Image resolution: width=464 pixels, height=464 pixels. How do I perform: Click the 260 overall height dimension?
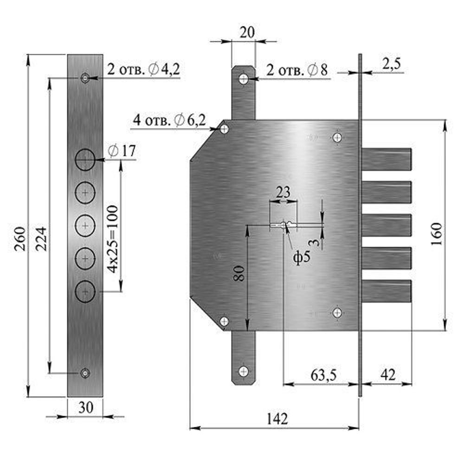point(20,238)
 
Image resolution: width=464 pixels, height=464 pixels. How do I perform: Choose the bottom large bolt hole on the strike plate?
point(85,291)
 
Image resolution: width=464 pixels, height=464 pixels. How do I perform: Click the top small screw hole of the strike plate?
point(85,78)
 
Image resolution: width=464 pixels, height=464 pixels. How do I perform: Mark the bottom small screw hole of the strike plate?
point(85,372)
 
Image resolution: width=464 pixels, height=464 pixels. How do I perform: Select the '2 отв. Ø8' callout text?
point(297,71)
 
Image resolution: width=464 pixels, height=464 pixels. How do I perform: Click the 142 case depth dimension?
point(277,419)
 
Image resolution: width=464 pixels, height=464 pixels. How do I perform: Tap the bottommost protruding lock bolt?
point(387,291)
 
